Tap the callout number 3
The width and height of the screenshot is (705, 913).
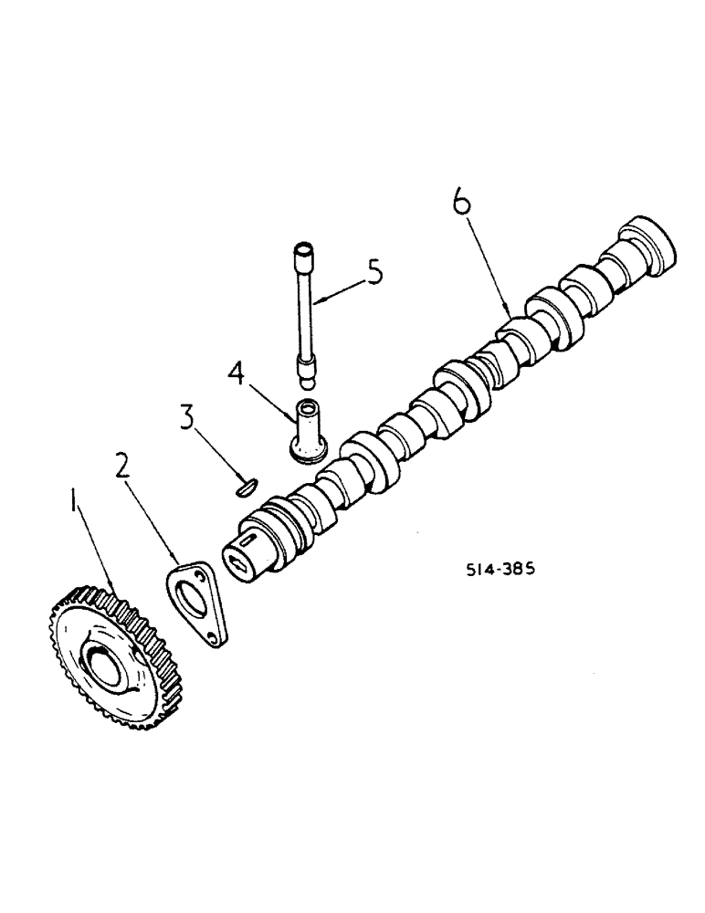[x=186, y=418]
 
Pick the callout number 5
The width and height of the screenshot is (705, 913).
[x=374, y=273]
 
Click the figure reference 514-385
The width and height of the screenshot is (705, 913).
[x=498, y=568]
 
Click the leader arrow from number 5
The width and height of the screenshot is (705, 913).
[x=338, y=290]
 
